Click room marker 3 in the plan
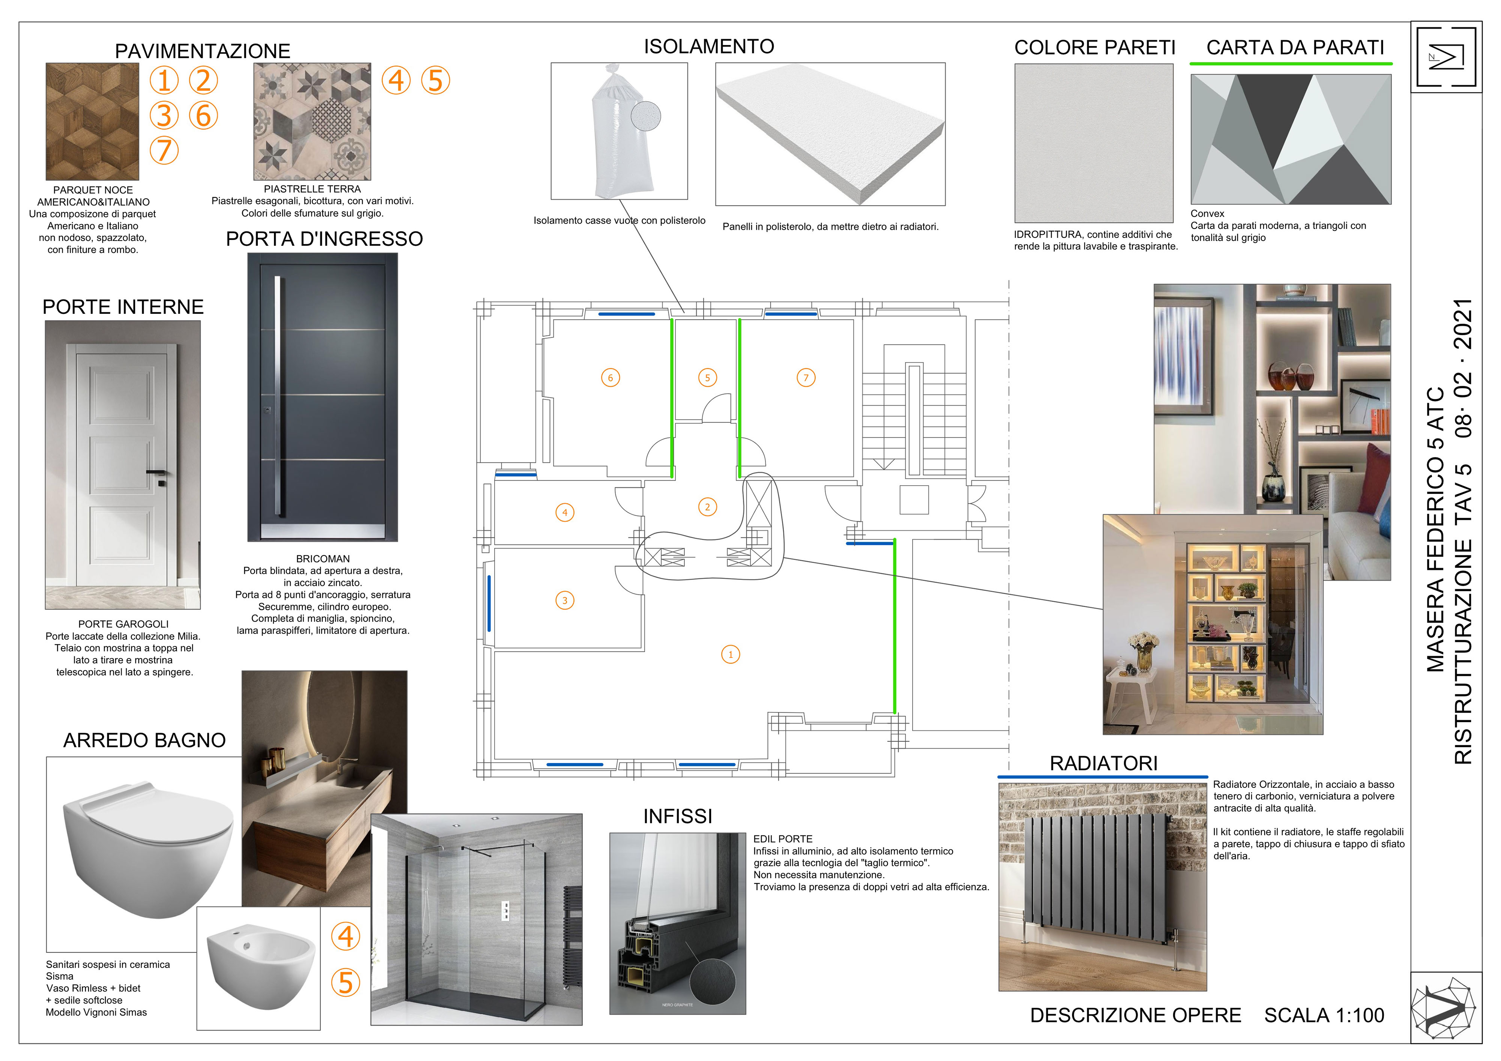[x=565, y=600]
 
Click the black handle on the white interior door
[x=157, y=472]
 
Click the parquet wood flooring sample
[x=92, y=122]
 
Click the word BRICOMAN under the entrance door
[x=323, y=559]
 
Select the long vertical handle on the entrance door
[x=278, y=396]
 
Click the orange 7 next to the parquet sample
[x=164, y=150]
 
